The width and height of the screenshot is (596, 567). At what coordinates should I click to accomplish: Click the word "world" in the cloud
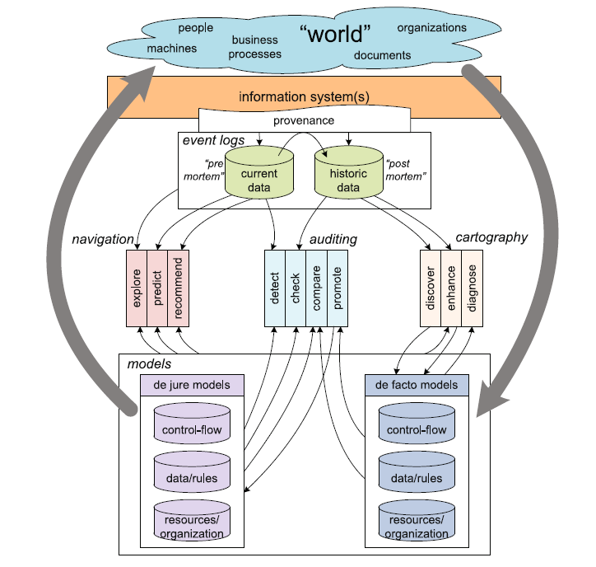coord(335,35)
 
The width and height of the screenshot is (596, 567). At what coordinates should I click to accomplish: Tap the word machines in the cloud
coord(172,48)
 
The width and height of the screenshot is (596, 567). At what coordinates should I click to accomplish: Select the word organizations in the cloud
coord(431,27)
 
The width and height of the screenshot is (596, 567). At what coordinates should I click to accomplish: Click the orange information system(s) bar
coord(304,96)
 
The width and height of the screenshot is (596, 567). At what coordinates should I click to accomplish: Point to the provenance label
coord(305,120)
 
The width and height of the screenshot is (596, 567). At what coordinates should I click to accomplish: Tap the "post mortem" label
coord(405,171)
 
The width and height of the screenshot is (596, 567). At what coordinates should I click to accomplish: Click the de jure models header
coord(192,383)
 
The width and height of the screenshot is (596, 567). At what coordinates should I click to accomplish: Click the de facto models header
coord(417,383)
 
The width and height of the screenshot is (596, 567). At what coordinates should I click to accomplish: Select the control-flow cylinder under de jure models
coord(192,428)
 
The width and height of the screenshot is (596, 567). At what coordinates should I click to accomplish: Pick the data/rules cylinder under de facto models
coord(417,476)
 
